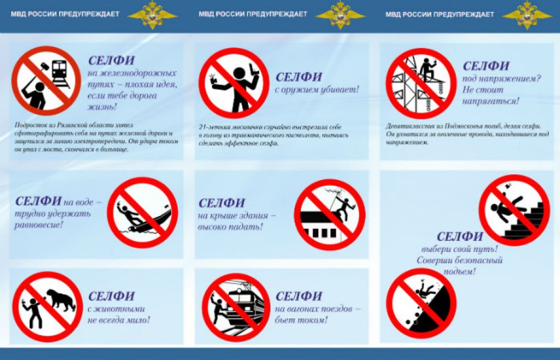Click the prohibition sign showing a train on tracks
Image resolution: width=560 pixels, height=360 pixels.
[46, 80]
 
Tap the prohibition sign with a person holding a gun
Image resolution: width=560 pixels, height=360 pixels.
[234, 82]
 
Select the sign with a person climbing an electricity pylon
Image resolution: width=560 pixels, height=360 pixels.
[421, 82]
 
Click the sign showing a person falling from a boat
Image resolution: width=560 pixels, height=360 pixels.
[142, 213]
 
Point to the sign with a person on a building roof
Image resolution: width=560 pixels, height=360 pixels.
[329, 214]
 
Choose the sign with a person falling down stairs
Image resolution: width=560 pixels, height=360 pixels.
[514, 209]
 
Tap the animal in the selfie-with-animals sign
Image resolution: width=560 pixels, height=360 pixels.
[61, 301]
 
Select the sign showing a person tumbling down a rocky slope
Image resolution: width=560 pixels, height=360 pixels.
[421, 303]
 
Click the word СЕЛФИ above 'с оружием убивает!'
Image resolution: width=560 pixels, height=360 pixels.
[299, 77]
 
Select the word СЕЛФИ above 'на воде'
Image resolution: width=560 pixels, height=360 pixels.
[38, 201]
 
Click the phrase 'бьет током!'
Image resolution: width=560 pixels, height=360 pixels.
[301, 320]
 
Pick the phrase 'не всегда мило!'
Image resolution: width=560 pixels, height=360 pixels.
[119, 320]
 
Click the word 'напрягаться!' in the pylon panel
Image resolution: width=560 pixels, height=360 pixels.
[490, 102]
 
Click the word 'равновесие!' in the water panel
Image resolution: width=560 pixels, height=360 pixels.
[39, 226]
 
